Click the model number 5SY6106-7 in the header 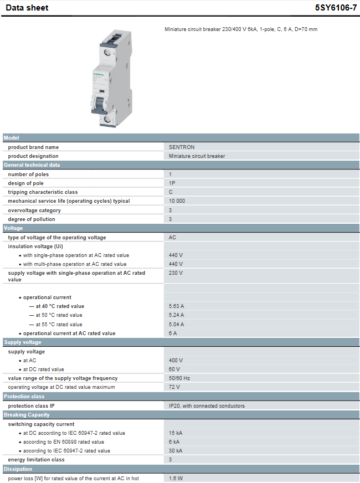[x=336, y=8]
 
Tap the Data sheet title [x=27, y=8]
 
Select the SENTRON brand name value [x=182, y=147]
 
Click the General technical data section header [x=32, y=165]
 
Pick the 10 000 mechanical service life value [x=177, y=201]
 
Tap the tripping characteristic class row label [x=43, y=192]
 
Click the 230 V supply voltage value [x=176, y=273]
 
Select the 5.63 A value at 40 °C [x=177, y=306]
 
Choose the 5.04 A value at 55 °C [x=177, y=325]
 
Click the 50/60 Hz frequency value [x=179, y=378]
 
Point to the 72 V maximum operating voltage [x=174, y=387]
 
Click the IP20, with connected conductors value [x=207, y=406]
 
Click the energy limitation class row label [x=36, y=460]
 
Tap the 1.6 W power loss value [x=176, y=478]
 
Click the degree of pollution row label [x=32, y=219]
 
